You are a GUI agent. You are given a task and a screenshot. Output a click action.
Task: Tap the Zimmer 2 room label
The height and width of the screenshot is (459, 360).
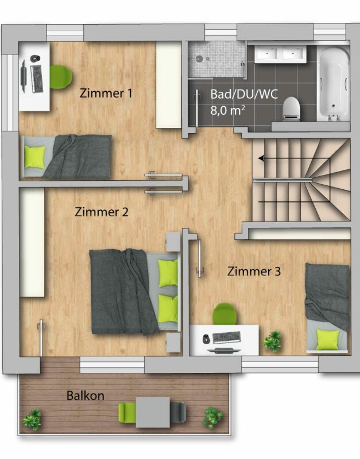click(x=102, y=212)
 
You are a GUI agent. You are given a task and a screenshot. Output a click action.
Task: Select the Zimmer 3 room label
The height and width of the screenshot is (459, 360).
click(x=254, y=271)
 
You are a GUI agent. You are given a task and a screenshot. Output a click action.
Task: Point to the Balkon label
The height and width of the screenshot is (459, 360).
click(x=85, y=395)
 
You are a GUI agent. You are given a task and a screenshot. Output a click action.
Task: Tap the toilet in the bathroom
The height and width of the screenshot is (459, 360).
click(x=291, y=109)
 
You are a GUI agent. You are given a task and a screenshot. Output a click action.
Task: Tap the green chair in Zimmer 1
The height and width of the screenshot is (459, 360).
click(x=60, y=77)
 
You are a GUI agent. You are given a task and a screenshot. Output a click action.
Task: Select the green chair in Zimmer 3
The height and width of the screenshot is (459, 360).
click(x=224, y=314)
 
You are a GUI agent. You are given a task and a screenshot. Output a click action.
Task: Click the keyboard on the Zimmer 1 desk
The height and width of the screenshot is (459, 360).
click(x=37, y=79)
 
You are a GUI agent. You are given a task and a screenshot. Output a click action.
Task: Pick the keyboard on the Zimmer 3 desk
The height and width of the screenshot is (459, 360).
click(x=227, y=337)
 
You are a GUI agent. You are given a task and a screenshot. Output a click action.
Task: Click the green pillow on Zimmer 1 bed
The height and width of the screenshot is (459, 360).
click(x=34, y=157)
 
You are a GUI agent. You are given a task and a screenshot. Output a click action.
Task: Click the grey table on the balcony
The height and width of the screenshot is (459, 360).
click(x=153, y=412)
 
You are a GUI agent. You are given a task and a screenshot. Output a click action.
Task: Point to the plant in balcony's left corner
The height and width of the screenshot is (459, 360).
click(x=32, y=419)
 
